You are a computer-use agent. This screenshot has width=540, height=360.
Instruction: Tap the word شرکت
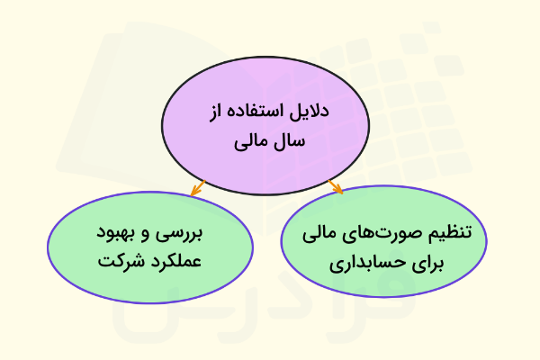coord(116,265)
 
